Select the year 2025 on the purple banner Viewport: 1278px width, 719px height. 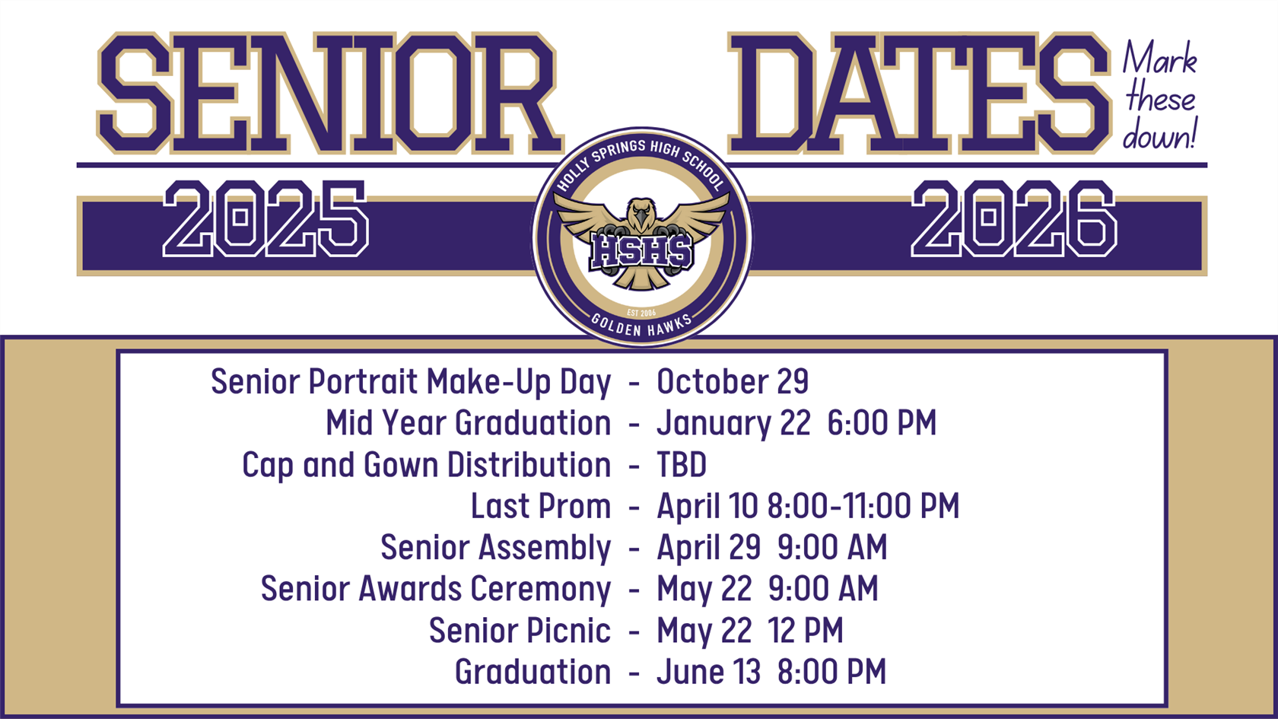coord(265,219)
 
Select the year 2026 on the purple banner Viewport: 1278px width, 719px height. coord(1014,219)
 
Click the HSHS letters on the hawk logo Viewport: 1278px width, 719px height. coord(642,252)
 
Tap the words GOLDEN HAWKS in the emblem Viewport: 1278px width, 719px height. coord(642,326)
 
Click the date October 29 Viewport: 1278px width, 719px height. coord(733,382)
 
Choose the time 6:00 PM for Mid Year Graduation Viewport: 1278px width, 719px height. coord(882,424)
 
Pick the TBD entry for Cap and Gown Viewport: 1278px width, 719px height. coord(682,465)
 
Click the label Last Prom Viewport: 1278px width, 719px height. coord(540,507)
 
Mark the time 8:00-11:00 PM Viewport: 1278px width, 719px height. coord(863,507)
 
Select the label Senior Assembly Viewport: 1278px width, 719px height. coord(495,548)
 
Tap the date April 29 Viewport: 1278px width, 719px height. coord(708,548)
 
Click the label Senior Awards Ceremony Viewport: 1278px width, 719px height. coord(435,590)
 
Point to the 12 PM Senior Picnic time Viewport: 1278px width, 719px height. coord(806,631)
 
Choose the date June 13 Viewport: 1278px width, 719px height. coord(708,673)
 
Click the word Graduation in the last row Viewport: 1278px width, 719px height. coord(532,673)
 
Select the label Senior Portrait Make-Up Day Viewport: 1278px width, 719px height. coord(411,382)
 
